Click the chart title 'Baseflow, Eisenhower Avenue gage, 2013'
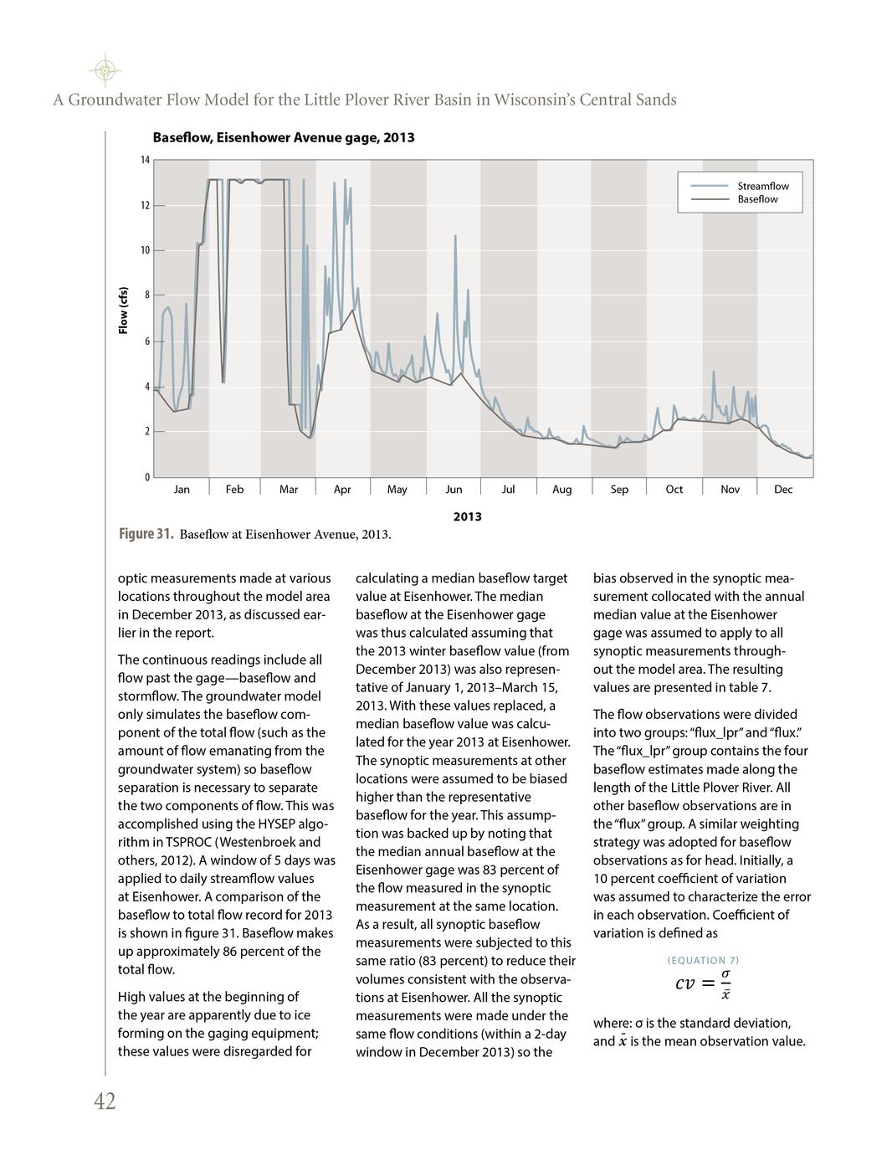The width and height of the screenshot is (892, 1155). coord(283,137)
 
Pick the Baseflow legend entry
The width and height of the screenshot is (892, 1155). coord(756,199)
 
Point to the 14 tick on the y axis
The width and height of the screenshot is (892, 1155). coord(145,160)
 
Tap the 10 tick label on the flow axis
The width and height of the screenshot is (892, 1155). coord(145,250)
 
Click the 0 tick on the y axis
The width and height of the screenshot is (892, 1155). coord(147,476)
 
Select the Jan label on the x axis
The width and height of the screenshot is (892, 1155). coord(182,490)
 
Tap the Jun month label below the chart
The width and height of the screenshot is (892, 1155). coord(454,490)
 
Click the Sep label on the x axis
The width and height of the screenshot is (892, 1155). coord(619,490)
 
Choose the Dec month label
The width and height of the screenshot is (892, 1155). coord(783,490)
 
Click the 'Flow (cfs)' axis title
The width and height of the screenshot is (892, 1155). coord(123,310)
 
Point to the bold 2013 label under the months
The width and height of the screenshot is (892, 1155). coord(467,516)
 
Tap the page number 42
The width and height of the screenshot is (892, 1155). coord(105,1101)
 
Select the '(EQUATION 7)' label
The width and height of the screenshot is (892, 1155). coord(703,960)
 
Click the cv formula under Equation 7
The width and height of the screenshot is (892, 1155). coord(703,983)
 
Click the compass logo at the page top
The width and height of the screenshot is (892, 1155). coord(104,70)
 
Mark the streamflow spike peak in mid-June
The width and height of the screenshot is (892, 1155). coord(455,236)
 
